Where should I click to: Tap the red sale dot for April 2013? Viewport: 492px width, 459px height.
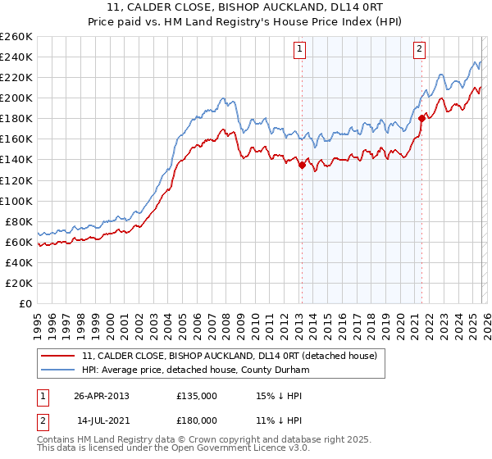pos(301,165)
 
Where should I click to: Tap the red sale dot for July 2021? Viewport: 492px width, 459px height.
pos(421,118)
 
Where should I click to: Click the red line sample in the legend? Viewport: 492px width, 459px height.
pos(59,356)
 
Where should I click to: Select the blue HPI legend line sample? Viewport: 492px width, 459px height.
pos(59,370)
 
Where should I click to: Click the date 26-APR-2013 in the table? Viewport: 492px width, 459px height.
pos(101,395)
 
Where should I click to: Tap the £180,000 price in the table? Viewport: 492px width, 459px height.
pos(196,420)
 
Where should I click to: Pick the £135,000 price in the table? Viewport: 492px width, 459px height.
pos(196,395)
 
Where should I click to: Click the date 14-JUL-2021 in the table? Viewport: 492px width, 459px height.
pos(101,420)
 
